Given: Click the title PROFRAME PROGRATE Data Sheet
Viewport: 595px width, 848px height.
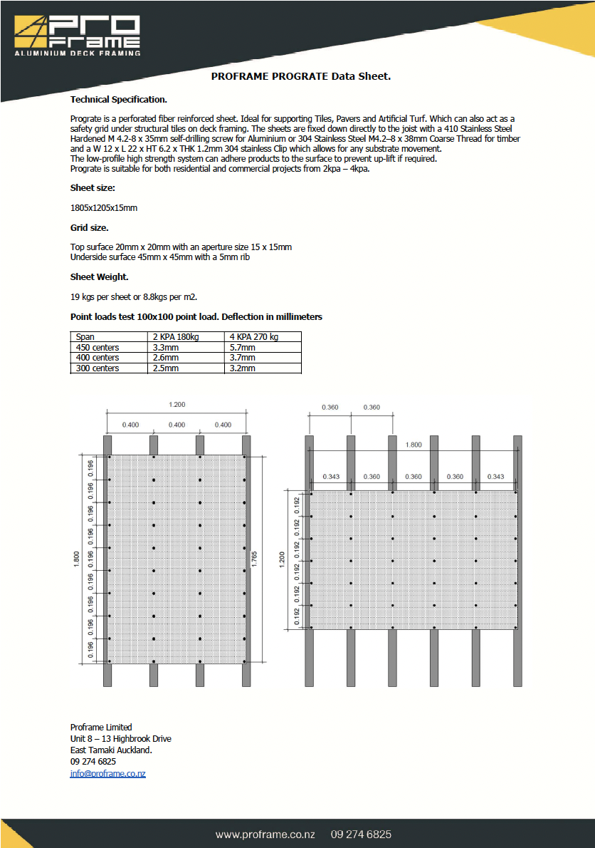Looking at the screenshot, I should coord(301,76).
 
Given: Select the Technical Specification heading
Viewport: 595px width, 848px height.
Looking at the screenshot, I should coord(119,100).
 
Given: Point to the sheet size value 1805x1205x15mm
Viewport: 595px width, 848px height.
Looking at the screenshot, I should coord(103,207).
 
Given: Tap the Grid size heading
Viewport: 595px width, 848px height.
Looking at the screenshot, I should coord(90,227).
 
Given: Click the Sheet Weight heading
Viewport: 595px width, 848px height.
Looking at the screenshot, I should coord(99,276).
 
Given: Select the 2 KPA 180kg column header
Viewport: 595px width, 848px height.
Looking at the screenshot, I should coord(176,336).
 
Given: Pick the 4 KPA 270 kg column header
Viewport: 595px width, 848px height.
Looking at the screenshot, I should coord(254,336).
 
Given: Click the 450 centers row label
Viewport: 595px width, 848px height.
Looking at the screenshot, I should coord(98,347).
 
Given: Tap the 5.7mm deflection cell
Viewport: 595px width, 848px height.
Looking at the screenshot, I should coord(242,347).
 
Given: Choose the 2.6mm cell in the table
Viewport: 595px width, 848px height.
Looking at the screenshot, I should coord(166,358).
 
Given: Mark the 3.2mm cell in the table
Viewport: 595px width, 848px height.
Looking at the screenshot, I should coord(242,368).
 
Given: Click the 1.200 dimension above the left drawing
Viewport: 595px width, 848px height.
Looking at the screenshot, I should coord(177,405).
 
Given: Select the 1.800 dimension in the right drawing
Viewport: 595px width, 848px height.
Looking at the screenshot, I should coord(413,445).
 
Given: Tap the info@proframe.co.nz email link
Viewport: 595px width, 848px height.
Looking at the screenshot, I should coord(107,773).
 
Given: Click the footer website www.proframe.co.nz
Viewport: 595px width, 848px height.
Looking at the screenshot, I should coord(265,834).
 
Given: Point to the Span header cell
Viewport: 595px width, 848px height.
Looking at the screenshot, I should coord(85,336).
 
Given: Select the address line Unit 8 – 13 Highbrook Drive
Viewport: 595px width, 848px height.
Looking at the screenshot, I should coord(120,739).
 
